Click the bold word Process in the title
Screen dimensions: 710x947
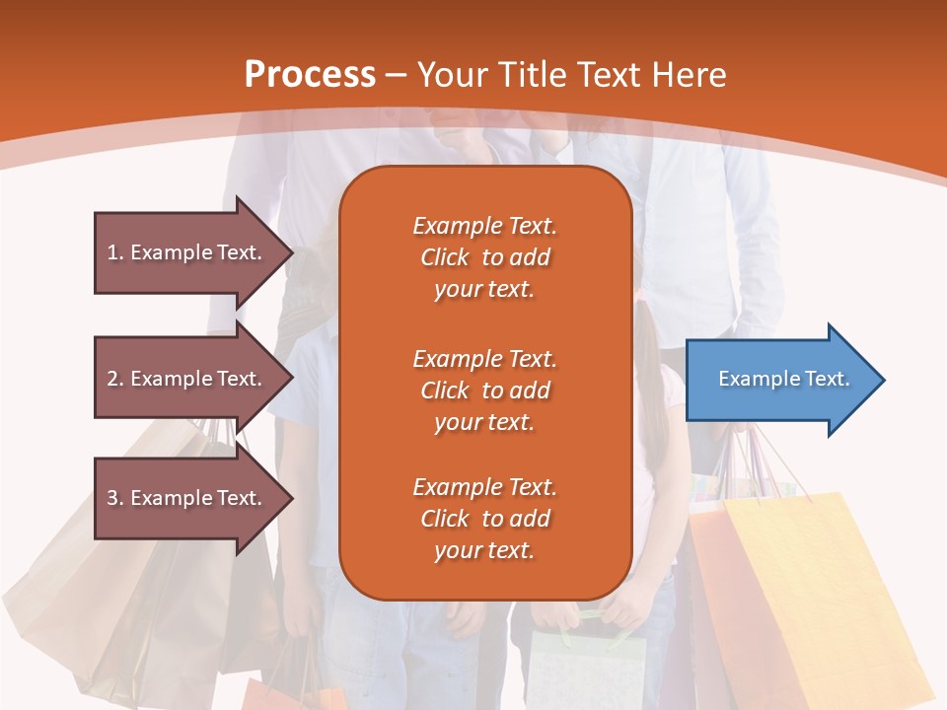[310, 75]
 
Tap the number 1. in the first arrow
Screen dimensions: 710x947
[115, 252]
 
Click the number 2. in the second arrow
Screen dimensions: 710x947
[115, 379]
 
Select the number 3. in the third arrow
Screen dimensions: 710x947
[115, 498]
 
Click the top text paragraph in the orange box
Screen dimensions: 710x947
[484, 257]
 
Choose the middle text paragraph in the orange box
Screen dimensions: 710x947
[484, 390]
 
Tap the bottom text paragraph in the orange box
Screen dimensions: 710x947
[484, 519]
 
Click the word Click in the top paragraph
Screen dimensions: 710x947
[444, 257]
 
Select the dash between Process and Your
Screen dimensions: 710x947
[396, 75]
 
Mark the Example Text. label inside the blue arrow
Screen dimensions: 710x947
[784, 379]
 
